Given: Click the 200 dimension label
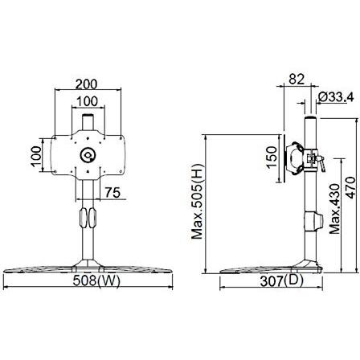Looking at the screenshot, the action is point(86,84).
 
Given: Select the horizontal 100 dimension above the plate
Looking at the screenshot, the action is point(88,101).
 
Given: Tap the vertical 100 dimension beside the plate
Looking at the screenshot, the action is point(36,157).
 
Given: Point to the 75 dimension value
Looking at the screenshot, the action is point(112,192).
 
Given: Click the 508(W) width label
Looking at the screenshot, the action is point(96,280).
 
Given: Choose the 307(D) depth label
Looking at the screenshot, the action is point(282,281).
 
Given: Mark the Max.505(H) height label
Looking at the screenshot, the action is point(198,201).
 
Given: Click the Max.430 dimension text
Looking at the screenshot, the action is point(334,209).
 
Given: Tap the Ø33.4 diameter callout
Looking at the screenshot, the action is point(337,96).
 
